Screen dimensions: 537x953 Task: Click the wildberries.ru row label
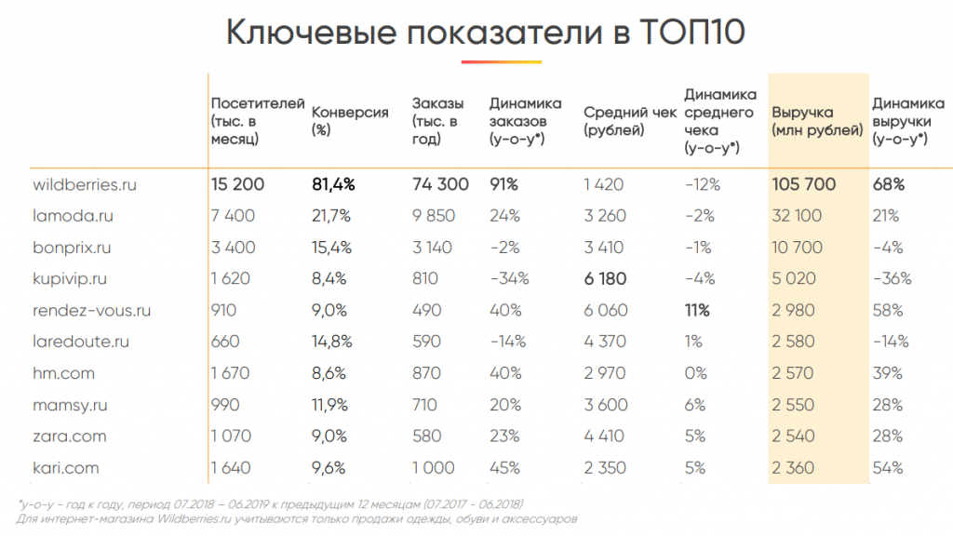[85, 184]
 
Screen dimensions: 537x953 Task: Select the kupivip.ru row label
[70, 278]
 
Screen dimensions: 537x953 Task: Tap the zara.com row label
[69, 436]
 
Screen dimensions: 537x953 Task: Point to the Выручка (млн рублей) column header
[816, 121]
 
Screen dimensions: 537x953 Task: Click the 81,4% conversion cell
[333, 184]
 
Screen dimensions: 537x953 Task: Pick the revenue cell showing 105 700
[804, 184]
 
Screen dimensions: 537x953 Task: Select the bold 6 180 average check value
[605, 278]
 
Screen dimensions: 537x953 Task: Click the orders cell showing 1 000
[433, 467]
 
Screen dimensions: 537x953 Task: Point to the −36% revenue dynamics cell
[892, 278]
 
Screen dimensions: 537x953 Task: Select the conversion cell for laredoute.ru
[330, 342]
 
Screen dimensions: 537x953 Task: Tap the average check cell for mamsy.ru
[605, 405]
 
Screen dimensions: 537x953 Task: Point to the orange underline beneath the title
[501, 61]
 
